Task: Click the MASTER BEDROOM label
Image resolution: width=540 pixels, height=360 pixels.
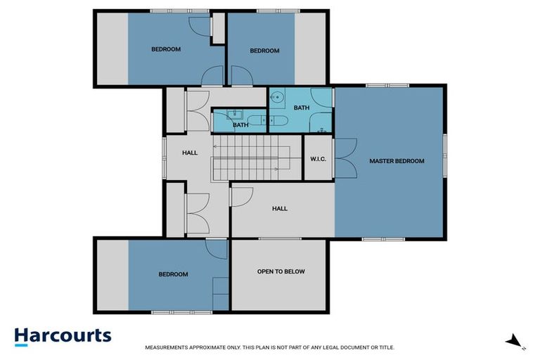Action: [x=397, y=161]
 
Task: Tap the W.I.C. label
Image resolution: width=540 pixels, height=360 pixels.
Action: [x=318, y=159]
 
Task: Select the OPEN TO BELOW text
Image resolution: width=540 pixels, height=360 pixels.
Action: [x=281, y=271]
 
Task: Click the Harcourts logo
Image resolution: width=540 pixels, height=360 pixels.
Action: [x=63, y=335]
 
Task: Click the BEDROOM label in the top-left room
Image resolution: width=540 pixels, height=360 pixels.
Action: [x=166, y=49]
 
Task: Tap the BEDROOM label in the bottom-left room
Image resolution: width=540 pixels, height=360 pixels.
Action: [x=173, y=274]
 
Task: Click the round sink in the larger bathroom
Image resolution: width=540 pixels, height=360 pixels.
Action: [x=277, y=98]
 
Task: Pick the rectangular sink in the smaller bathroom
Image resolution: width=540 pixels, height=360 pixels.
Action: [x=237, y=115]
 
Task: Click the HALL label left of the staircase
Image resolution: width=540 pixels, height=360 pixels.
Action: [x=190, y=153]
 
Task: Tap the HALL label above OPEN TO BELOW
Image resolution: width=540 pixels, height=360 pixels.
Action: [x=280, y=208]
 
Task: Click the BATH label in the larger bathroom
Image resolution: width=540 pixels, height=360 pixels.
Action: [x=302, y=108]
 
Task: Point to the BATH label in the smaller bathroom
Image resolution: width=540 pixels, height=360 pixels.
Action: [x=241, y=125]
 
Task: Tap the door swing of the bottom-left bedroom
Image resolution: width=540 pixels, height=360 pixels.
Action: [x=216, y=248]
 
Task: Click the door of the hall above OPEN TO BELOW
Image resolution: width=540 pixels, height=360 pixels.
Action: [x=241, y=198]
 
